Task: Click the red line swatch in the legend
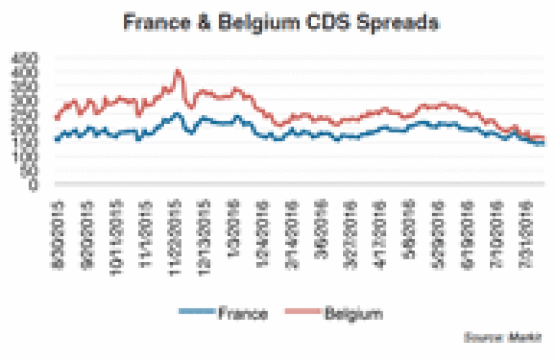[x=302, y=312]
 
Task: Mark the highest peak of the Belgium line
[x=177, y=70]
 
